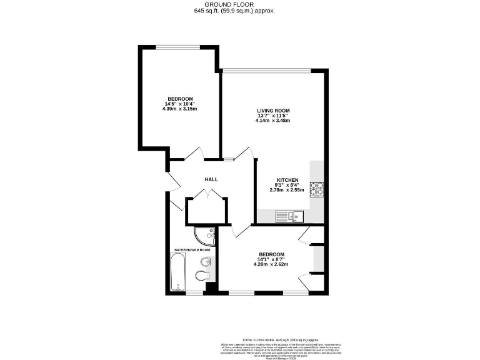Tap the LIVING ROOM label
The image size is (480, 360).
(273, 111)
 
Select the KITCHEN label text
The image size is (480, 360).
(291, 179)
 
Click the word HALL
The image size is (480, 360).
(211, 179)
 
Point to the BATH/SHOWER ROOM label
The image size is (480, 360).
(192, 250)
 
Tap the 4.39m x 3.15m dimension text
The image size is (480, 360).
(179, 109)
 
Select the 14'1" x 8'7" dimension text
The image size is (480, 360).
(272, 259)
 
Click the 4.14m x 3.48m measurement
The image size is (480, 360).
(273, 121)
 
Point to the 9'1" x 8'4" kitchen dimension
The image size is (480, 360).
(291, 184)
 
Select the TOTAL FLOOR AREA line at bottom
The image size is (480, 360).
(270, 337)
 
